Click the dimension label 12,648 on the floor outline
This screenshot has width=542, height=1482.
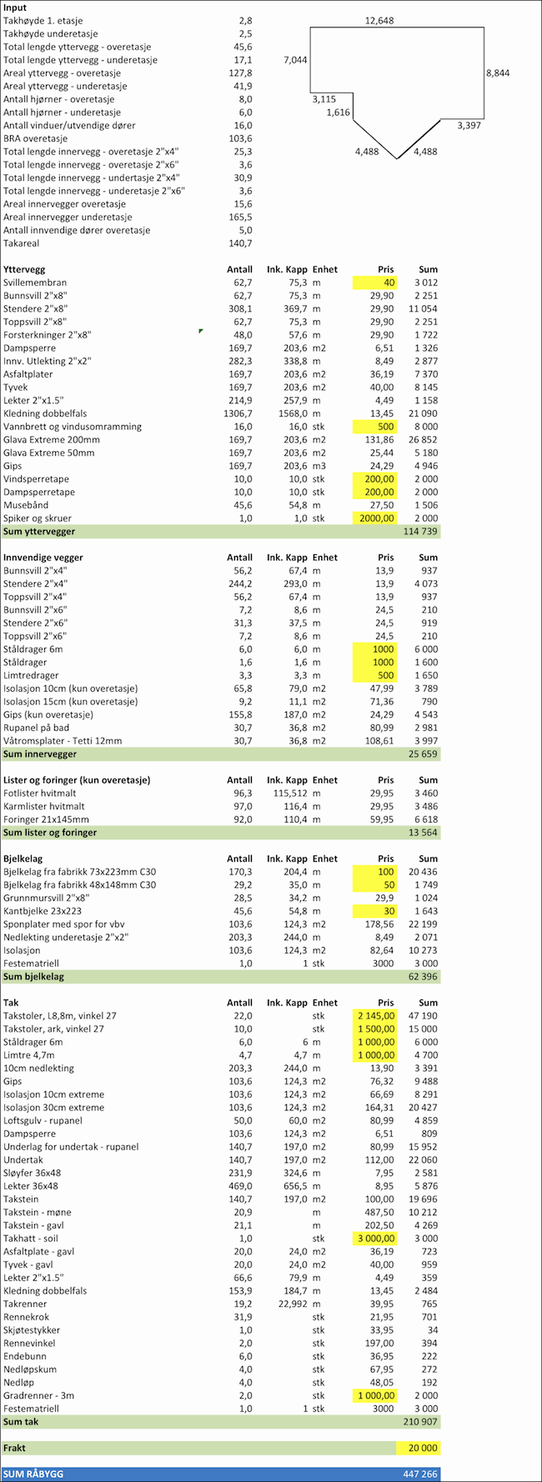click(379, 20)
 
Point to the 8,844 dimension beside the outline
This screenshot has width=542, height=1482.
click(498, 73)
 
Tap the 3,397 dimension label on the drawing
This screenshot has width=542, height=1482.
click(469, 126)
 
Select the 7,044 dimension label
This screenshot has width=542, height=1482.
click(295, 60)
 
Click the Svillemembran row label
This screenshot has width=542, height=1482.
click(35, 283)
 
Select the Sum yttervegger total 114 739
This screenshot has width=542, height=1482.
click(420, 532)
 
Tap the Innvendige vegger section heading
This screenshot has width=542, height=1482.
click(43, 558)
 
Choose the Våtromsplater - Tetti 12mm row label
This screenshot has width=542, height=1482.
click(63, 741)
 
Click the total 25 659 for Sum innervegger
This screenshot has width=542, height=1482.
click(424, 754)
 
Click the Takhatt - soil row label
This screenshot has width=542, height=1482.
click(31, 1239)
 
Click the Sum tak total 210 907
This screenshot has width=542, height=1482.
click(420, 1422)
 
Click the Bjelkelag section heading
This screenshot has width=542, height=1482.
click(23, 859)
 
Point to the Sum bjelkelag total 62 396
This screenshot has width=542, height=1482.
click(424, 977)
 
